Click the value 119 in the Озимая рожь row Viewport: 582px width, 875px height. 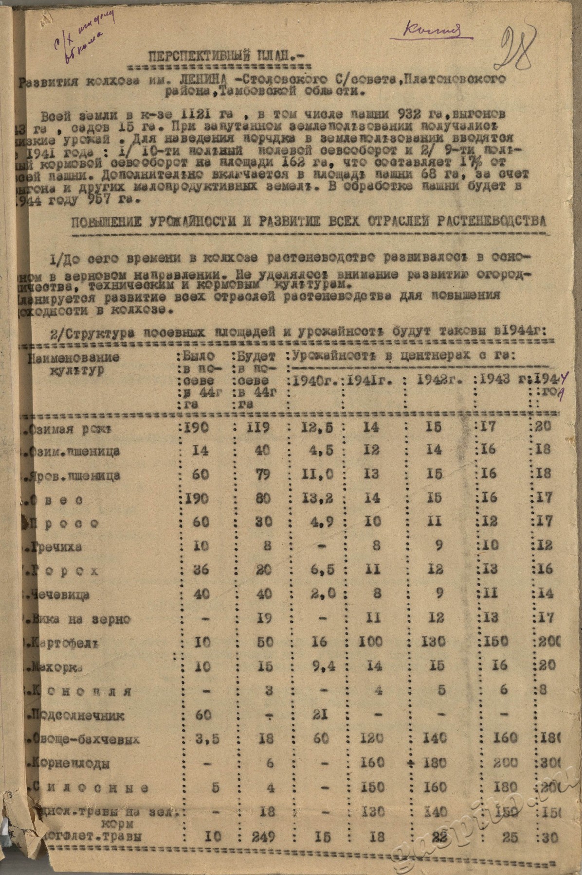click(258, 428)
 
